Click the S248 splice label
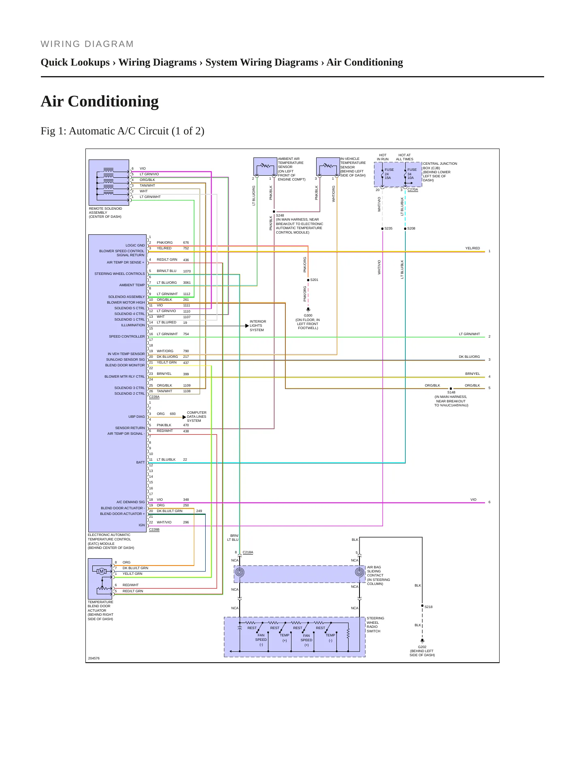click(x=280, y=216)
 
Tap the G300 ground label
click(x=308, y=315)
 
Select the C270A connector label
click(x=413, y=189)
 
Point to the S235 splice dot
click(x=382, y=229)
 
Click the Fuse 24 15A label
click(x=389, y=174)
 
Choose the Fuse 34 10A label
click(x=412, y=174)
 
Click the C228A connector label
click(x=154, y=397)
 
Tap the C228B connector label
click(x=154, y=529)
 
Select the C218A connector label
click(x=248, y=552)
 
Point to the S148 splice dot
click(x=451, y=389)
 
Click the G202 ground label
click(x=422, y=647)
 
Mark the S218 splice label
click(x=428, y=607)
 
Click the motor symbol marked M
click(x=102, y=571)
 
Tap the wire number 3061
click(x=187, y=283)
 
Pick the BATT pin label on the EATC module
click(x=140, y=462)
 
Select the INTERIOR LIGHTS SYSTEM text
click(x=258, y=326)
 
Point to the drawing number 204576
click(x=94, y=658)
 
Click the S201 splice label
click(x=314, y=280)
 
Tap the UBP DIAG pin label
click(x=136, y=417)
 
